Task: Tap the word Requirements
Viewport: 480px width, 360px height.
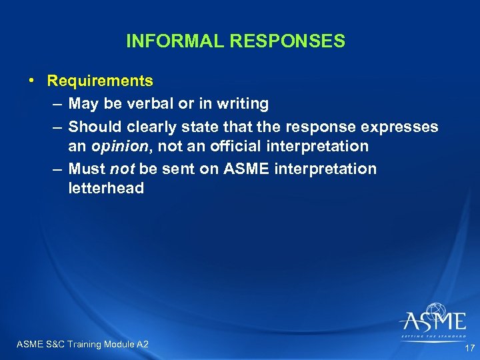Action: point(100,81)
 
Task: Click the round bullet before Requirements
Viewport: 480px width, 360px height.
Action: point(31,81)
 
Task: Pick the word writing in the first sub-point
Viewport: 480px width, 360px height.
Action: point(243,103)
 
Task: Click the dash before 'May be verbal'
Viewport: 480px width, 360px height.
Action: point(56,103)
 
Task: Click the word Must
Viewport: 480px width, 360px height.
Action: point(86,169)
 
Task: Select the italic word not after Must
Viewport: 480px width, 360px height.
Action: point(121,169)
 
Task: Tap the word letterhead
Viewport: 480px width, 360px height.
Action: point(106,189)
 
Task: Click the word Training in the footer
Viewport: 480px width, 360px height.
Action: point(83,344)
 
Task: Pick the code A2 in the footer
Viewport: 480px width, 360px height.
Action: point(142,344)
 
